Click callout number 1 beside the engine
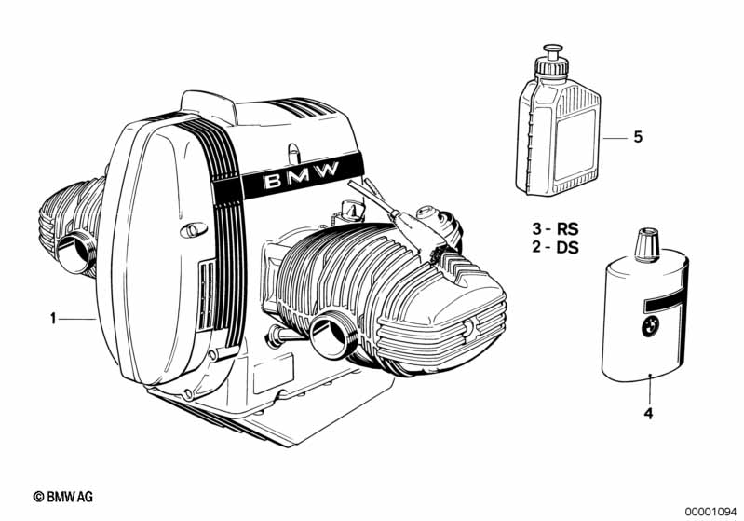[53, 319]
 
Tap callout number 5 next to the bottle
[638, 137]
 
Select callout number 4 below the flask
[648, 414]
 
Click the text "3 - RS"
[555, 229]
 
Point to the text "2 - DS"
[555, 247]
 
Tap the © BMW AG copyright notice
[63, 497]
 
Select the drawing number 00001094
[710, 511]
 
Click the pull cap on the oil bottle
[552, 51]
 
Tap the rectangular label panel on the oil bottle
[575, 145]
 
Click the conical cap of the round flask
[647, 245]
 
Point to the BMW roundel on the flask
[649, 327]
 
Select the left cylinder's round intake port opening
[74, 254]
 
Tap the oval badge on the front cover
[194, 230]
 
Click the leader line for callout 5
[615, 138]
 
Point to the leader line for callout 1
[77, 319]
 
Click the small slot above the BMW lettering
[293, 153]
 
